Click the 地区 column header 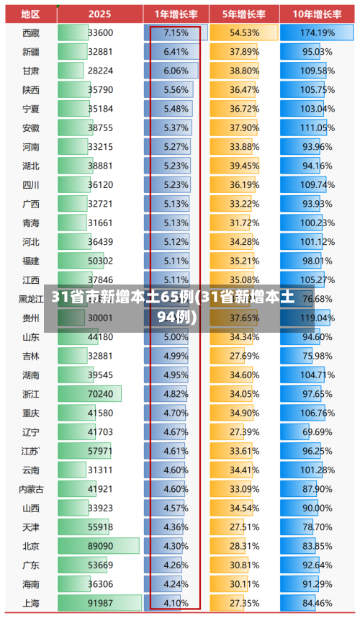tap(30, 14)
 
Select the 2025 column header tap(100, 14)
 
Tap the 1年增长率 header tap(176, 14)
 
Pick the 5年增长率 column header tap(245, 14)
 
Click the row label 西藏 tap(31, 32)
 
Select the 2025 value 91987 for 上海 tap(100, 602)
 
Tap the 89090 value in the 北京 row tap(100, 546)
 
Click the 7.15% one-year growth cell tap(176, 32)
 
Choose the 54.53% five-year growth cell tap(245, 32)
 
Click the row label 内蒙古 tap(31, 489)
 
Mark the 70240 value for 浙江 tap(100, 394)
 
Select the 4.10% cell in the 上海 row tap(176, 602)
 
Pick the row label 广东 tap(31, 565)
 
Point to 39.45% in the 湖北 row tap(245, 166)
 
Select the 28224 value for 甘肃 tap(100, 71)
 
